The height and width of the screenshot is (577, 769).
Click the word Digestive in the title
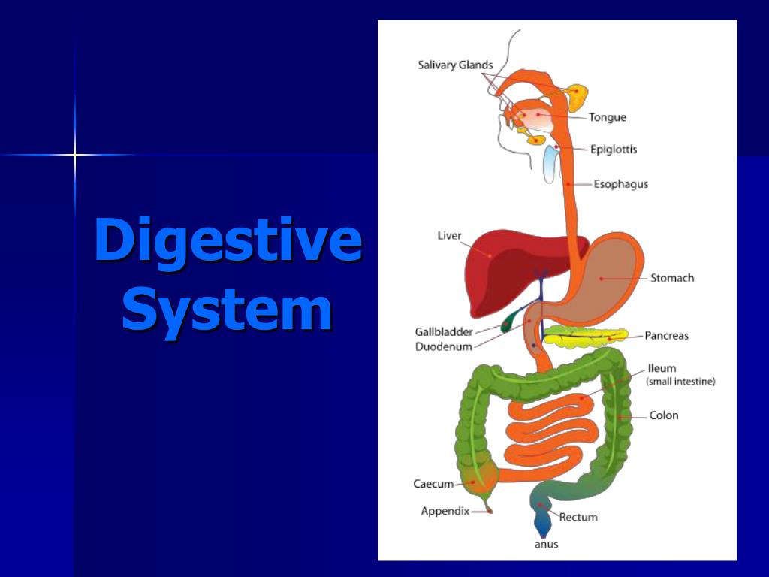tap(228, 240)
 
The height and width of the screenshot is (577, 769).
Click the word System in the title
tap(227, 310)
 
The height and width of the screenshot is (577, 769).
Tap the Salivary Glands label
tap(455, 65)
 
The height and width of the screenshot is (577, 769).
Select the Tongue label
tap(607, 117)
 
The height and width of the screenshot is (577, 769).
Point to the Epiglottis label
tap(613, 149)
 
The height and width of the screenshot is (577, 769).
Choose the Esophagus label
tap(620, 184)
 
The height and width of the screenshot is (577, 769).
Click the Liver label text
tap(449, 236)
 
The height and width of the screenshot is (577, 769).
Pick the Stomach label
tap(671, 278)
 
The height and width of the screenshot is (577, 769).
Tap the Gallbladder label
tap(444, 332)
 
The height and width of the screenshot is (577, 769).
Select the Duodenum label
tap(444, 346)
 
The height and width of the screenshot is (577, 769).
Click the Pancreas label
tap(666, 336)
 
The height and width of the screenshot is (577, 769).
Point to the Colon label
tap(664, 415)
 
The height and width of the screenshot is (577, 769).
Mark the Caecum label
tap(433, 484)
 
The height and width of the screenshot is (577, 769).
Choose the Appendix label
tap(445, 512)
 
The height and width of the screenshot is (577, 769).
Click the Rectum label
tap(578, 517)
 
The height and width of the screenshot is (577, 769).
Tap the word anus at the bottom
tap(546, 545)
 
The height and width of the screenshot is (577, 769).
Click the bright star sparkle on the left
tap(74, 156)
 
